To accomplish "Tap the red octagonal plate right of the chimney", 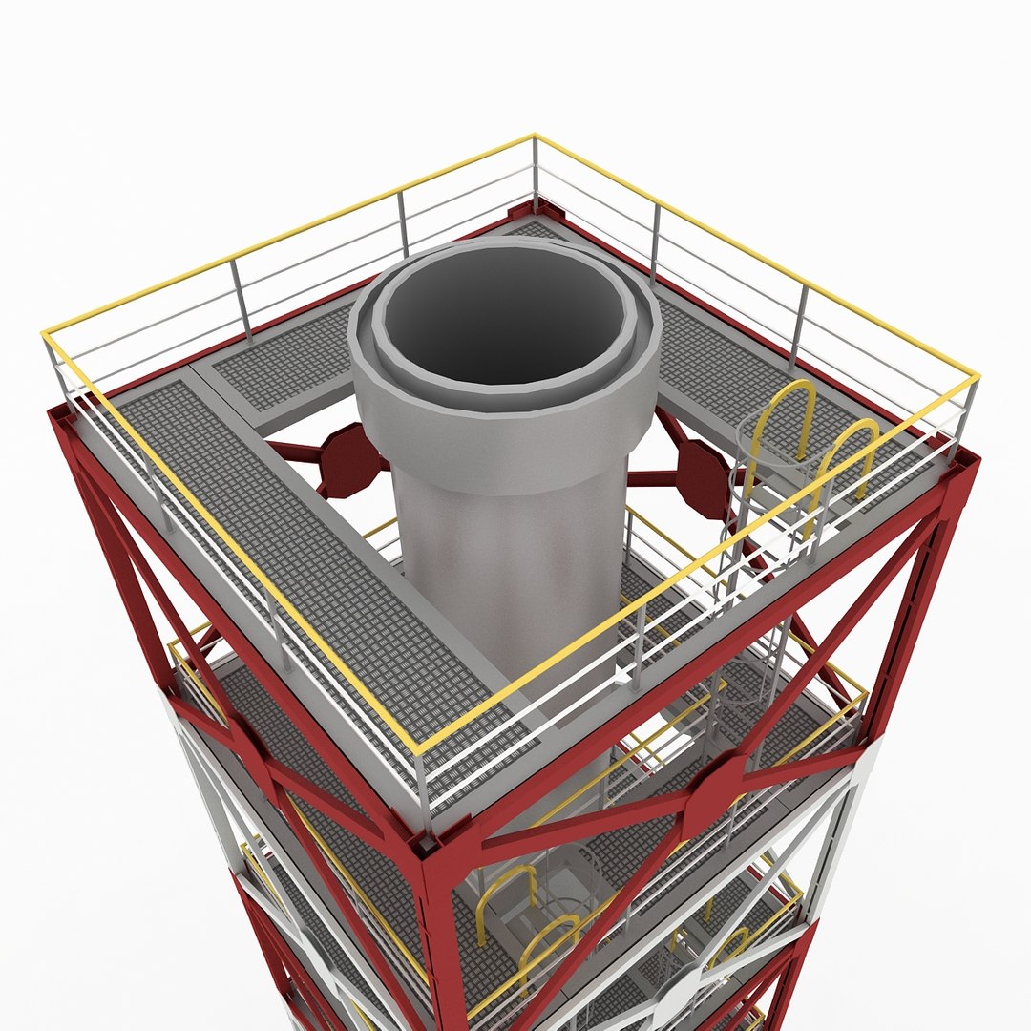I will (704, 477).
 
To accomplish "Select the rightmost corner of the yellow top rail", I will (977, 377).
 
